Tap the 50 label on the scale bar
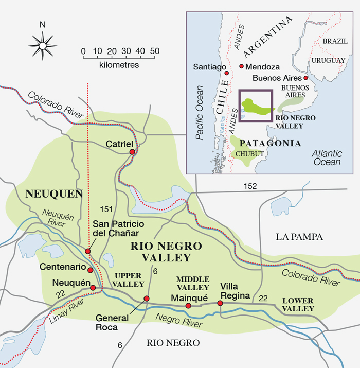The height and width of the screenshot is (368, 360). tap(154, 51)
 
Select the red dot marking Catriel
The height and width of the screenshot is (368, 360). tap(132, 152)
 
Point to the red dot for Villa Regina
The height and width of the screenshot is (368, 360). tap(220, 303)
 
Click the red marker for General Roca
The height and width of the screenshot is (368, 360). tap(147, 299)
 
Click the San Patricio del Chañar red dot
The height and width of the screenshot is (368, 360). tap(88, 251)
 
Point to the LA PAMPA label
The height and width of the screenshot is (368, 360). tap(299, 237)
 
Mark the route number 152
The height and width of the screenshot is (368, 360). tap(250, 185)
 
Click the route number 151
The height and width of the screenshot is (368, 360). tap(104, 209)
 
